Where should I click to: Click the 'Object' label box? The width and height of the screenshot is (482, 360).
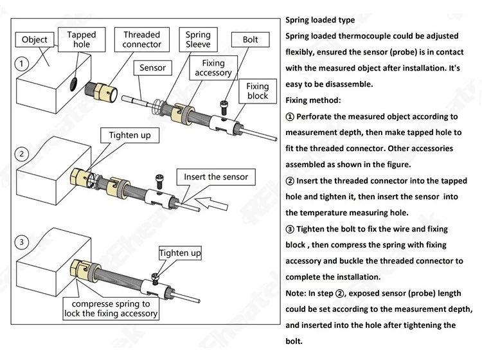tap(35, 40)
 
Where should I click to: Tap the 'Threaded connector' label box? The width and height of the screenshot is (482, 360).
tap(141, 40)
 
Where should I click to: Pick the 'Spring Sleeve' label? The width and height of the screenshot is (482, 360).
tap(198, 40)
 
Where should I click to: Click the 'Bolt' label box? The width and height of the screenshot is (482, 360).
tap(250, 40)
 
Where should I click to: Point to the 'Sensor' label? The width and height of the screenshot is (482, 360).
tap(152, 67)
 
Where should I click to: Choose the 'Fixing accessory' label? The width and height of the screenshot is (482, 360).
tap(217, 68)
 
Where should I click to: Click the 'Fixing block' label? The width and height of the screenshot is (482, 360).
tap(258, 91)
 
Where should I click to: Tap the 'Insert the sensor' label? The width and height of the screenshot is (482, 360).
tap(216, 177)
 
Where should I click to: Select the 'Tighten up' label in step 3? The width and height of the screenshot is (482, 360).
tap(180, 253)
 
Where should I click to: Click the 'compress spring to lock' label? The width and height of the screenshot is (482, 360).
tap(111, 309)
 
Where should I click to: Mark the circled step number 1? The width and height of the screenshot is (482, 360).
tap(22, 64)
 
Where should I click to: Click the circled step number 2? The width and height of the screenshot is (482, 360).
tap(22, 154)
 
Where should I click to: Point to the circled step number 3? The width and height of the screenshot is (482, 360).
tap(22, 242)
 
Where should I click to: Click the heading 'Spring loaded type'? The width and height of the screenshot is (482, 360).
tap(320, 21)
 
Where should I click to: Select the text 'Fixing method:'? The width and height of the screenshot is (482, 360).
tap(313, 101)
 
